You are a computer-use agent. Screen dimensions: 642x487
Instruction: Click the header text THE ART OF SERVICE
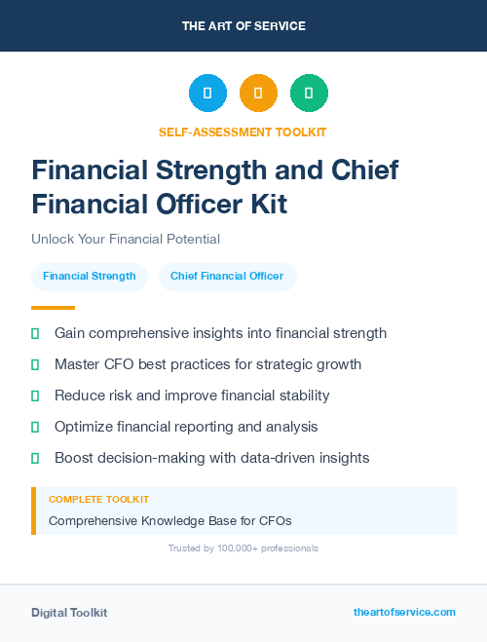click(243, 26)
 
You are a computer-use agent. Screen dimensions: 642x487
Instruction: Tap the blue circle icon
click(207, 94)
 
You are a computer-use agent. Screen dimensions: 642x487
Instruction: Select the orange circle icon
click(258, 94)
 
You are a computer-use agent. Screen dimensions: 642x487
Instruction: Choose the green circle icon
click(309, 94)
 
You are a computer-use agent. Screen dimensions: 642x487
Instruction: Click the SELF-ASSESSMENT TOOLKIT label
click(243, 132)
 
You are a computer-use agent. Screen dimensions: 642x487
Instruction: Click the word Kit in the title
click(265, 206)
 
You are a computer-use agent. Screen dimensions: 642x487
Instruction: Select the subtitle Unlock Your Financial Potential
click(126, 239)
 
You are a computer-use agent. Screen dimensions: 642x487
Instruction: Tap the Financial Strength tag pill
click(90, 277)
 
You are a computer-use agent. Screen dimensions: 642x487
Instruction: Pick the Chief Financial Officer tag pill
click(227, 277)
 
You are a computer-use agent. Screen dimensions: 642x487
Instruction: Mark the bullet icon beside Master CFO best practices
click(35, 364)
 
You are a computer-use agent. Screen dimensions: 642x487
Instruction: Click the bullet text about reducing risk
click(192, 396)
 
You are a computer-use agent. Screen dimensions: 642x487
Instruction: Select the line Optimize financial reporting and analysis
click(186, 427)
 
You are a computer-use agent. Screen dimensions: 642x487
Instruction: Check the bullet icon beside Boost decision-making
click(35, 458)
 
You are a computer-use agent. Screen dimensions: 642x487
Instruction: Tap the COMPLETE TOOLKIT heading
click(98, 500)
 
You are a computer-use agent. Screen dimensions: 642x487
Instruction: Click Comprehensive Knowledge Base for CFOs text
click(170, 520)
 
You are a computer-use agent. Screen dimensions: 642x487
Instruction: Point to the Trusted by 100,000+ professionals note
click(243, 548)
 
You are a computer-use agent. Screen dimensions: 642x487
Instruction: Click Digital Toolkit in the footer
click(69, 613)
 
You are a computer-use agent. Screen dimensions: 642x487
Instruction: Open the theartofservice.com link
click(404, 612)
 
